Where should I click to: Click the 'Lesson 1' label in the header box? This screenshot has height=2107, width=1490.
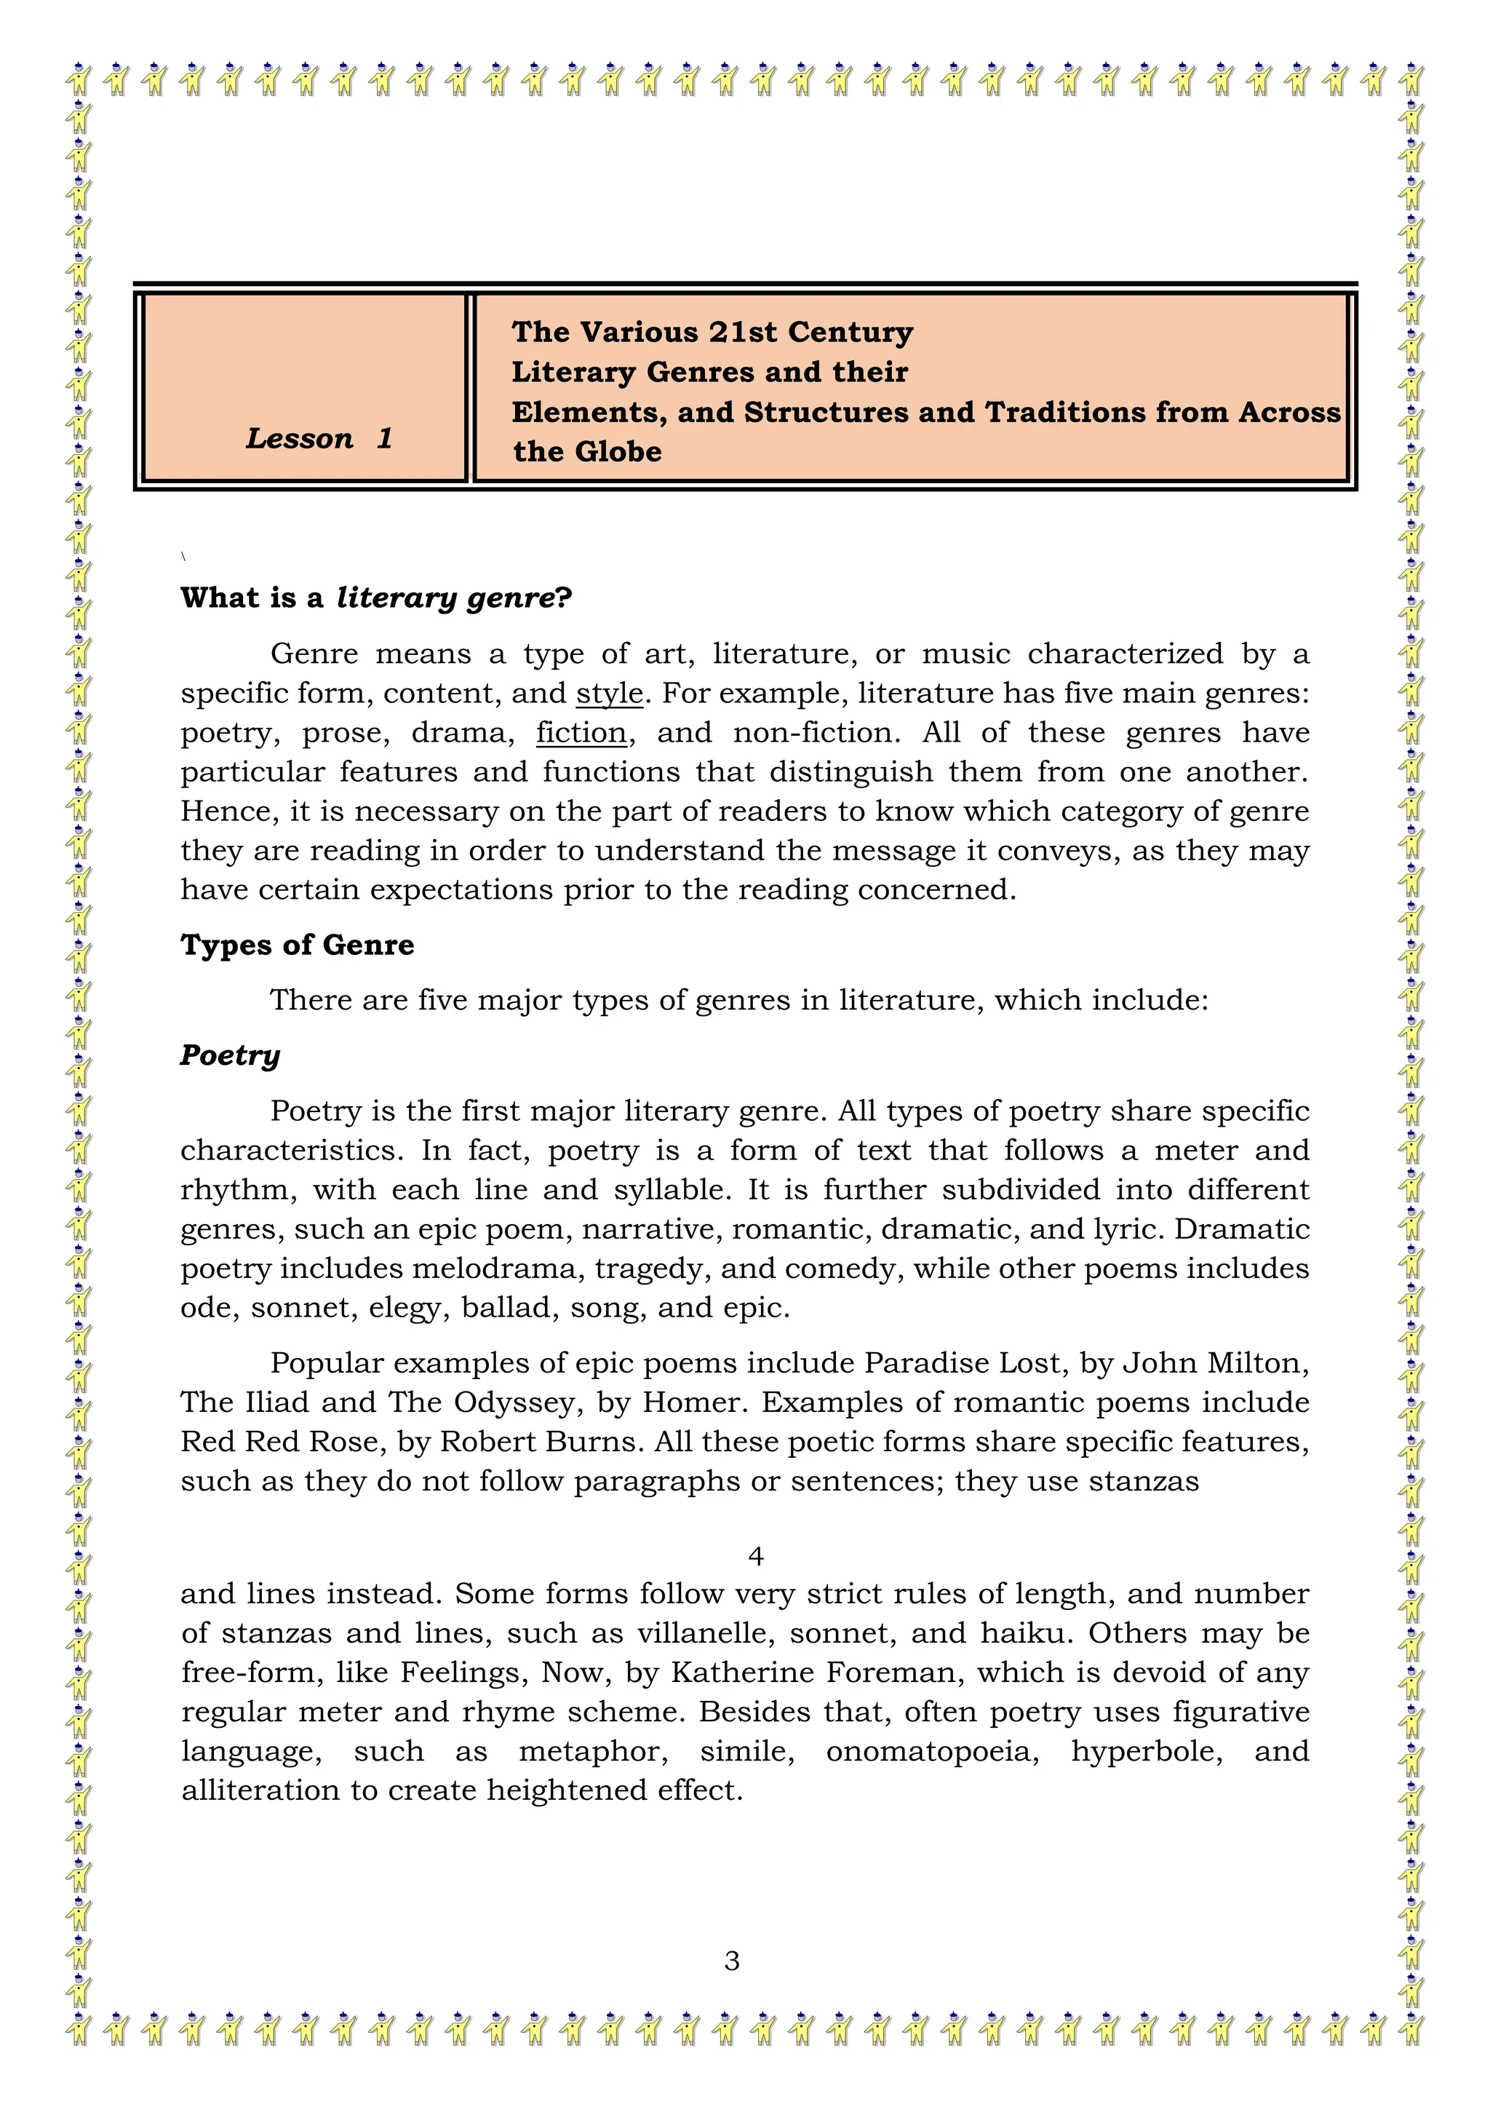[319, 439]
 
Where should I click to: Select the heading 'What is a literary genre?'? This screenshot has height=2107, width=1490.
[376, 598]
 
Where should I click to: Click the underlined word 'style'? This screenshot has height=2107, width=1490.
[609, 693]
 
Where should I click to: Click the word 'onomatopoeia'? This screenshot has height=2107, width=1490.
[932, 1751]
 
